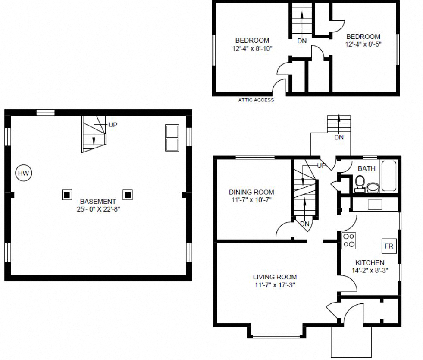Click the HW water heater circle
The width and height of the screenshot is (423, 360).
23,173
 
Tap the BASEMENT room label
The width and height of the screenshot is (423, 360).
98,201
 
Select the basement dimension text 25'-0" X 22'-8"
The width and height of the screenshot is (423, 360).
98,209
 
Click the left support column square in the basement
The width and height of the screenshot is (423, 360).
67,195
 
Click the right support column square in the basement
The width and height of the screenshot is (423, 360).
127,195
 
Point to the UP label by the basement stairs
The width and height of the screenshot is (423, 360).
113,125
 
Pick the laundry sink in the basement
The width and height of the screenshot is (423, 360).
172,138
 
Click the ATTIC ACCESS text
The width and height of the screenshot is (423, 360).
256,100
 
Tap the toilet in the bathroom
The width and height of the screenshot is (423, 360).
359,183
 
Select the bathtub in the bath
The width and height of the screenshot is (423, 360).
389,176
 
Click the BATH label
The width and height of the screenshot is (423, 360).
366,169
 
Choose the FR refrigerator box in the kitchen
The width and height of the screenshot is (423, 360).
389,246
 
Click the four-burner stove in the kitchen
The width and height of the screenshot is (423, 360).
348,240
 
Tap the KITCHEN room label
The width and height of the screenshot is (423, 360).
370,262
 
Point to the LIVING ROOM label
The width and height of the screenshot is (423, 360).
275,277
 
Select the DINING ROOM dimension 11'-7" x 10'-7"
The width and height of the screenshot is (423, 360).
251,200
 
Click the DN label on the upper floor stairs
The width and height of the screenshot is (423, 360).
302,41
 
